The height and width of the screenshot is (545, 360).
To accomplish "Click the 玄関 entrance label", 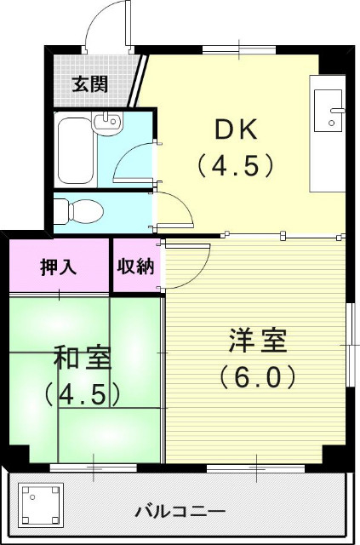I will coord(89,83).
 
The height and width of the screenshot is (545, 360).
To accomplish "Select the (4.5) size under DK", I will coord(236,163).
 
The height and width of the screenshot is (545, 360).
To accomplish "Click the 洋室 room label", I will coord(258,341).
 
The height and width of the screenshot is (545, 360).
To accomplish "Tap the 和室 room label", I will coord(83,359).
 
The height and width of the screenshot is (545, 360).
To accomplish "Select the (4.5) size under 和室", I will coord(82,393).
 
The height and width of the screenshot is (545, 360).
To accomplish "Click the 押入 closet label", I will coord(59,266).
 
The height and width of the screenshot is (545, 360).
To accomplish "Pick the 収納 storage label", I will coord(136,266).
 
